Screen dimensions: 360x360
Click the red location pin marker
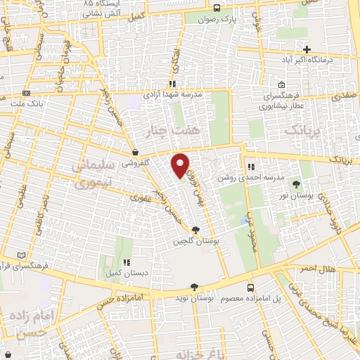coord(181,165)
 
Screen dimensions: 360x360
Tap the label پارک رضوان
coord(217,21)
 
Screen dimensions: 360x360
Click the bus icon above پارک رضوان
coord(217,9)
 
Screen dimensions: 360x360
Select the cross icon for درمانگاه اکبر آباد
coord(307,49)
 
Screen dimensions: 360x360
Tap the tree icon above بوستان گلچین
coord(195,230)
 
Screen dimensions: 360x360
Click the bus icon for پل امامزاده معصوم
coord(251,288)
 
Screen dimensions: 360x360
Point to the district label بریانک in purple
coord(302,130)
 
